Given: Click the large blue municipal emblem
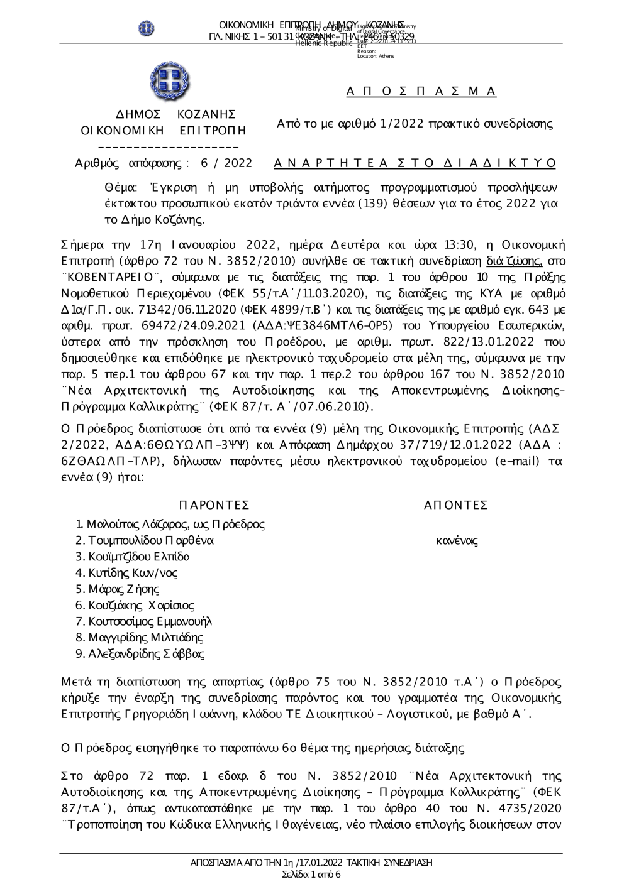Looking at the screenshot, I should tap(170, 81).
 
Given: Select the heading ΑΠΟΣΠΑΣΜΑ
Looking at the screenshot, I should tap(421, 92).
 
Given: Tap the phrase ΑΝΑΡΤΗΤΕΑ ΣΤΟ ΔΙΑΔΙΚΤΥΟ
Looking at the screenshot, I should tap(415, 163).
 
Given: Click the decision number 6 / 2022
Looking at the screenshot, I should tap(226, 163).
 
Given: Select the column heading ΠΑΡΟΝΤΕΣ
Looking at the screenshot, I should tap(214, 505).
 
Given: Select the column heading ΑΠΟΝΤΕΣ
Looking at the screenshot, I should tap(456, 505).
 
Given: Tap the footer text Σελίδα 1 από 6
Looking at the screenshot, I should tap(311, 875).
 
